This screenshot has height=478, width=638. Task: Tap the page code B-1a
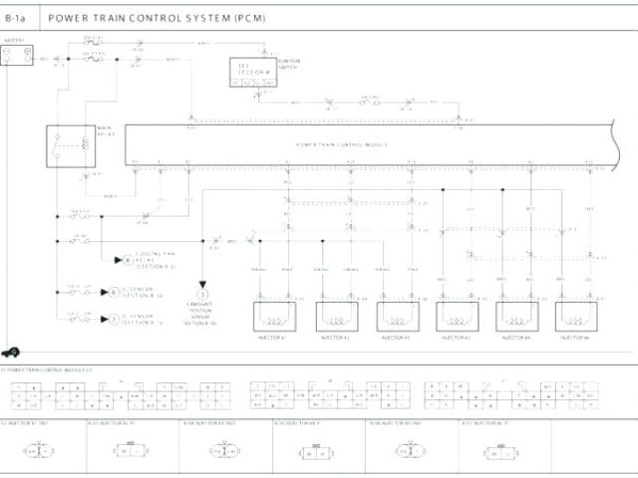(18, 18)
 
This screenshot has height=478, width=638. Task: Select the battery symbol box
(15, 58)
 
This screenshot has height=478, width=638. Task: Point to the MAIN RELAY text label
(104, 131)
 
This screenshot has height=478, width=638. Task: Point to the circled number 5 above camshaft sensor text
(202, 295)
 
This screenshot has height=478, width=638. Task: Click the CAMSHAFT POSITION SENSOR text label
(202, 316)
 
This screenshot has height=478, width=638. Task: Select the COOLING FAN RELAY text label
(156, 261)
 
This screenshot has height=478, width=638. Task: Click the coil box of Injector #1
(274, 317)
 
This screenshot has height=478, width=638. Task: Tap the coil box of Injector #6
(575, 317)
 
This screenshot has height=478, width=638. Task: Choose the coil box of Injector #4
(515, 317)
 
